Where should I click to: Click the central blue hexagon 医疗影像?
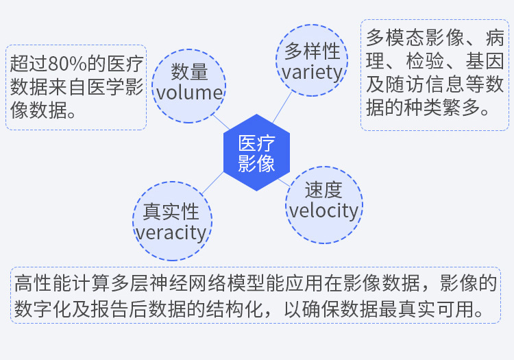pyautogui.click(x=257, y=153)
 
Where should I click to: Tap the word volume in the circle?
pyautogui.click(x=188, y=93)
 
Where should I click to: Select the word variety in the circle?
pyautogui.click(x=312, y=72)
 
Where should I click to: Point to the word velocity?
pyautogui.click(x=323, y=211)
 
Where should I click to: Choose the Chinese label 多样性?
pyautogui.click(x=312, y=51)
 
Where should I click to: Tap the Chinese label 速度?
pyautogui.click(x=323, y=189)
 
